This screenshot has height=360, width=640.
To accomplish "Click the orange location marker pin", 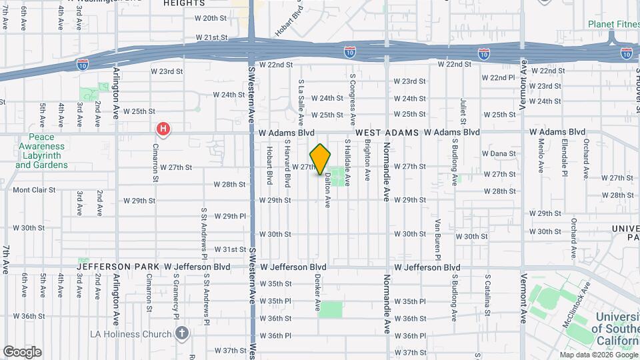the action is coord(320,159).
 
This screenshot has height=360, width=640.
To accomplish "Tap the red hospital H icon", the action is coord(162,129).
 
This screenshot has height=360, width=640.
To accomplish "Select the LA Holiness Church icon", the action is coord(183,332).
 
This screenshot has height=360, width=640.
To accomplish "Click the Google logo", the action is coord(22,352).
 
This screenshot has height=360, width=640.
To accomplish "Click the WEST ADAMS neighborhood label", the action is coord(387,133).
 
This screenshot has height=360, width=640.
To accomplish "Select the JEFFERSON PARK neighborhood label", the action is coord(117,267).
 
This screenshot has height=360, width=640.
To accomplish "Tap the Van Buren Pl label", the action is coord(438,239).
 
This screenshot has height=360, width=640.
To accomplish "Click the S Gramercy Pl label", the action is coord(176,293).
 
